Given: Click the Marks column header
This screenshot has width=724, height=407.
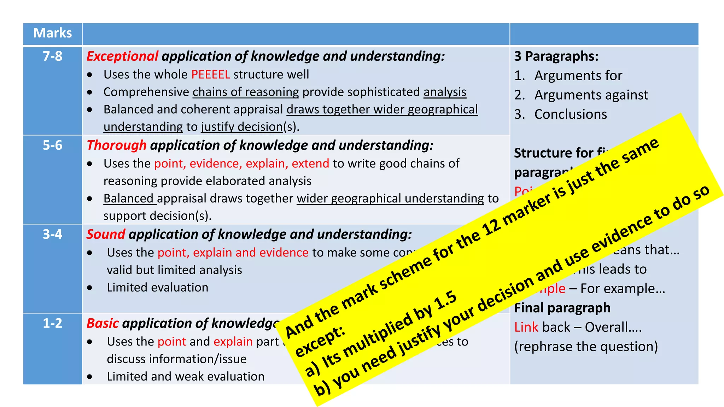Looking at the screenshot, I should click(52, 33).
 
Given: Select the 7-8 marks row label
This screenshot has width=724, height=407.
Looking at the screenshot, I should click(52, 56).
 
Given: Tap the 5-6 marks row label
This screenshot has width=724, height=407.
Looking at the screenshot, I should click(52, 145).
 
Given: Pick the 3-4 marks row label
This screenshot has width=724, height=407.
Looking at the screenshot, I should click(52, 234).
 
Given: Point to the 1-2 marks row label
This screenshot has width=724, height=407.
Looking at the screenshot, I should click(52, 323).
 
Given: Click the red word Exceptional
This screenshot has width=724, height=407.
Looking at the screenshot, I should click(122, 56).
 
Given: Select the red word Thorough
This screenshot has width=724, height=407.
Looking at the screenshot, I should click(116, 145).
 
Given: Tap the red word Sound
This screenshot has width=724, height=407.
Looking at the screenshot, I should click(106, 234).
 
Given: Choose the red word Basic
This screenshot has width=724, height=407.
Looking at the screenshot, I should click(103, 323).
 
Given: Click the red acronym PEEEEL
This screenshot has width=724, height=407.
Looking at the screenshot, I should click(211, 75).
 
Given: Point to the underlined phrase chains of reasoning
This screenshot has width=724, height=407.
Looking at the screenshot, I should click(246, 92).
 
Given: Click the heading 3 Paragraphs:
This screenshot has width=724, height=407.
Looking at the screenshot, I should click(556, 56).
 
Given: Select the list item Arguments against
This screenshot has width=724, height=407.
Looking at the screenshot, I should click(591, 95).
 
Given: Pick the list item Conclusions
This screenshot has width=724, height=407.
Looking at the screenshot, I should click(571, 114).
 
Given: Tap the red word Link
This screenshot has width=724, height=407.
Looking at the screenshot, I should click(526, 327).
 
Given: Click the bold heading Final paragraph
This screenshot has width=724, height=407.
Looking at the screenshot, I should click(562, 308).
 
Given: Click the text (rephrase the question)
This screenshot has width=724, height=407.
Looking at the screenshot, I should click(586, 347).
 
